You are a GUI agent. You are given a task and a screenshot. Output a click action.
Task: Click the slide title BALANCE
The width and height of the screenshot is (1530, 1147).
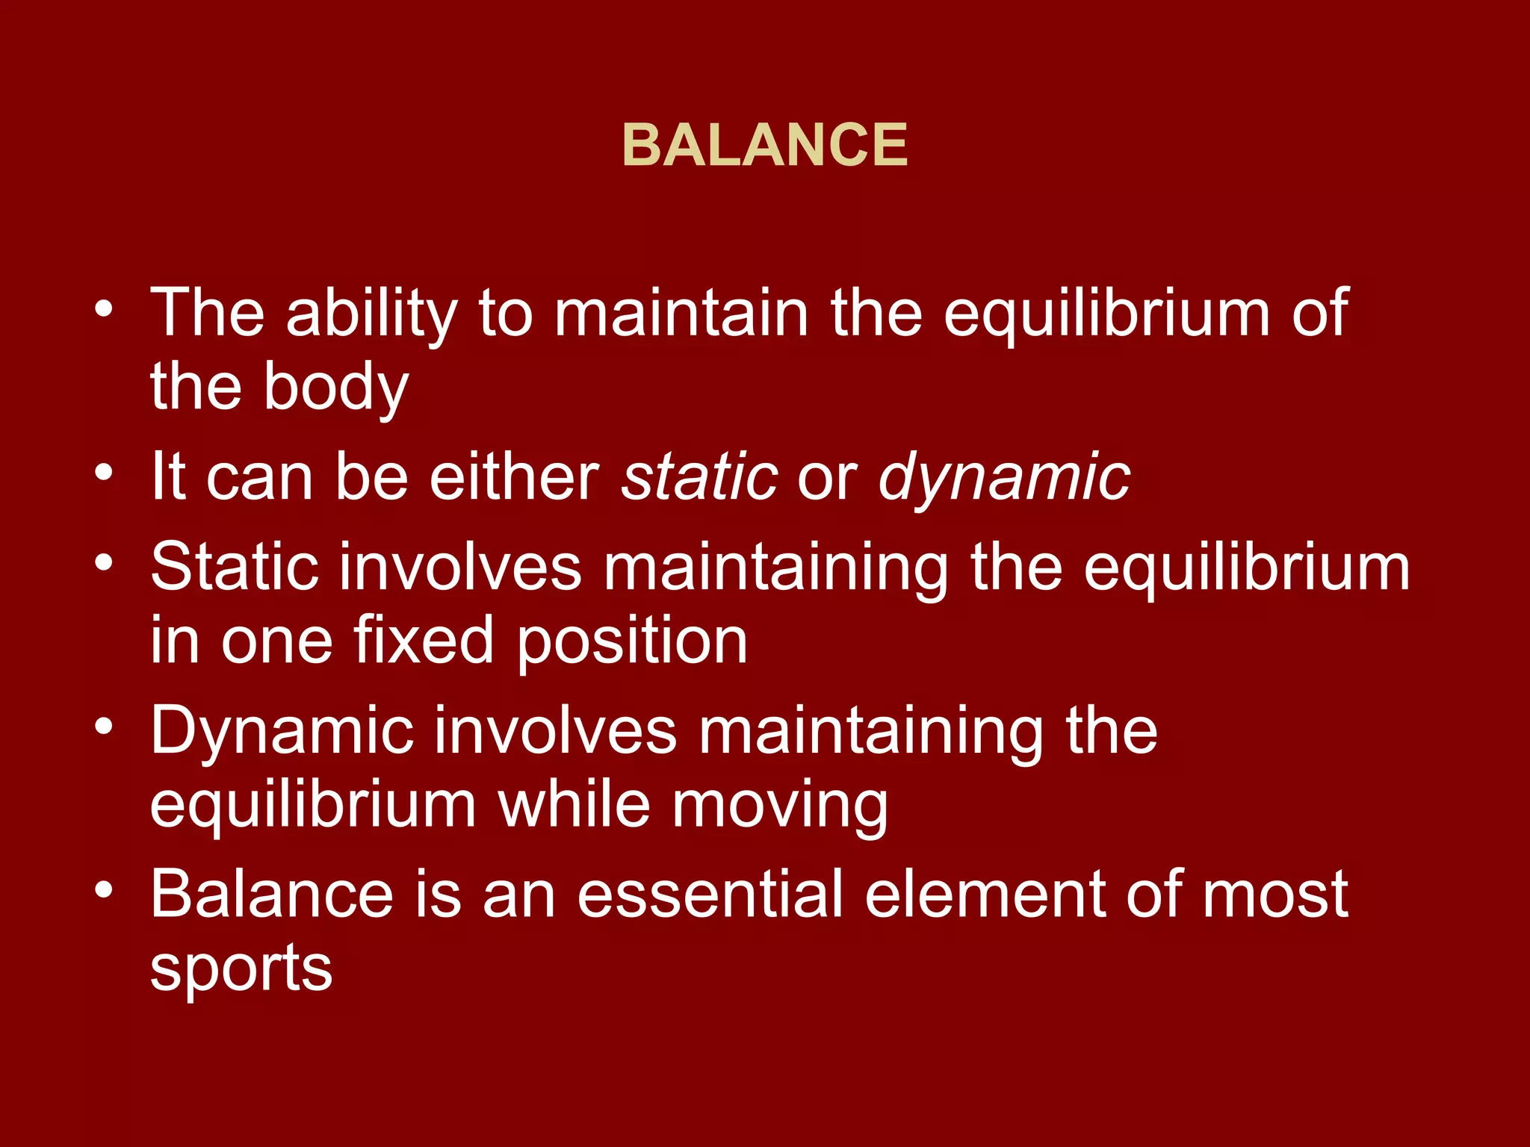tap(765, 145)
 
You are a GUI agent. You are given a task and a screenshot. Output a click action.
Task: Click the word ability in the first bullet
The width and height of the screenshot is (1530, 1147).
tap(371, 314)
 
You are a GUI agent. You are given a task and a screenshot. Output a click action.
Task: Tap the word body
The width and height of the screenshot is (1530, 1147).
tap(336, 388)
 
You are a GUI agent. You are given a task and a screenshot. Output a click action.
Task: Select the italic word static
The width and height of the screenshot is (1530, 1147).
tap(699, 477)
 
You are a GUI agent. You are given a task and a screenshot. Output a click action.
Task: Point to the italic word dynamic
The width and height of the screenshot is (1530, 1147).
tap(1004, 477)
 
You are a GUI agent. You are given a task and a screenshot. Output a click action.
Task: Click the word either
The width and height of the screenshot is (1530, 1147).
tap(514, 477)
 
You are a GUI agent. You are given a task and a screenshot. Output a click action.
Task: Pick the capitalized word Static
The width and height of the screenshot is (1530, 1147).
tap(235, 567)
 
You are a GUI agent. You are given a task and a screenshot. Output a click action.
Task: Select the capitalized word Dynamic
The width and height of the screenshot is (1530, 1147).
tap(282, 732)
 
